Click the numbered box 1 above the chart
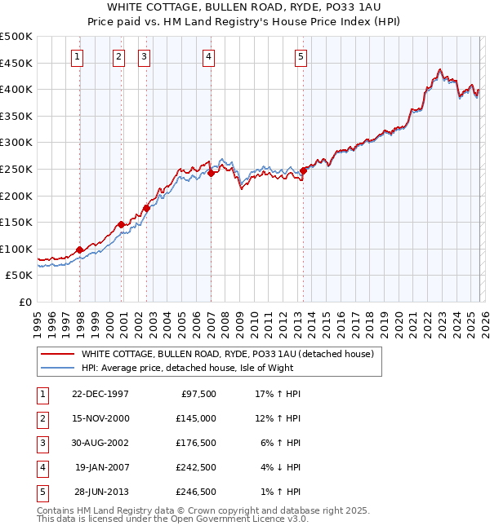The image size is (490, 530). tap(77, 56)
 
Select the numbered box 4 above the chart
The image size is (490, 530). tap(209, 56)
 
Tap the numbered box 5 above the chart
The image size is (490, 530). tap(301, 56)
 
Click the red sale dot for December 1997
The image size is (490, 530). tap(80, 250)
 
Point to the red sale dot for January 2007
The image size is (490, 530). tap(211, 173)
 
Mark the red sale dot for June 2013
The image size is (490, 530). tap(303, 170)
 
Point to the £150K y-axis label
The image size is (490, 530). tap(17, 223)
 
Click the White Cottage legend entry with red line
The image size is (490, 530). tap(227, 354)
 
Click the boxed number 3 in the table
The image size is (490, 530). tap(40, 443)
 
